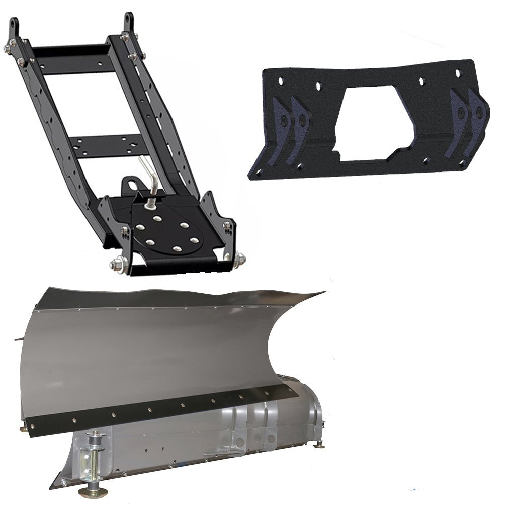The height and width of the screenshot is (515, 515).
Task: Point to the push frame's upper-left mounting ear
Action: click(x=14, y=28)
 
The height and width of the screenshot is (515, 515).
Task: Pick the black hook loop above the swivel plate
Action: click(x=132, y=184)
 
